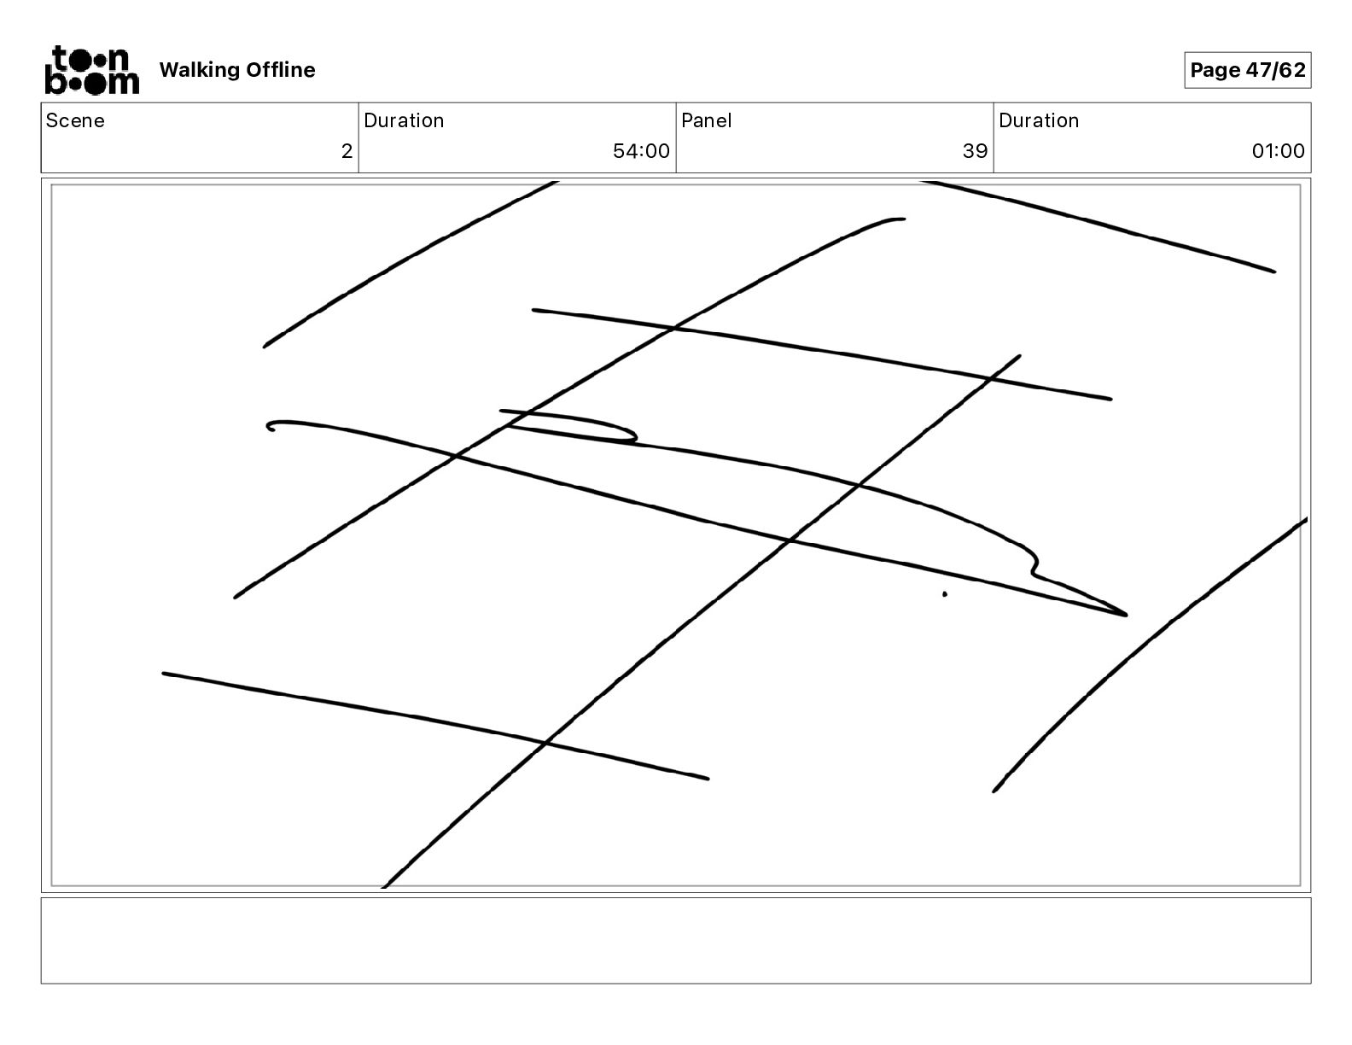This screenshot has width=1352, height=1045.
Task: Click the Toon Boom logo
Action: (91, 70)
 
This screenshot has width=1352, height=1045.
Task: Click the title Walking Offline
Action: (237, 70)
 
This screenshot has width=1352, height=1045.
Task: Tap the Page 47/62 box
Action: (1247, 70)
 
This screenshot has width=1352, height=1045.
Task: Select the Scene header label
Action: (75, 120)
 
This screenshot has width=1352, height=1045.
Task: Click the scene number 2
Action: (347, 152)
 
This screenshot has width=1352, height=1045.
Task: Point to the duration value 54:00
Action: (641, 152)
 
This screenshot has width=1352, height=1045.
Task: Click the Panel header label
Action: (707, 120)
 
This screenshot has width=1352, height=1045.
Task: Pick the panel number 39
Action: (975, 152)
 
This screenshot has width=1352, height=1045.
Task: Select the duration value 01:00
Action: (1278, 152)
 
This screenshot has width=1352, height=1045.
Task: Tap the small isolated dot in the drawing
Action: (945, 594)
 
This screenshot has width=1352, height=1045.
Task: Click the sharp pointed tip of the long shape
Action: (1125, 614)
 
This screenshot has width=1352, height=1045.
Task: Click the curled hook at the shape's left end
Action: (271, 425)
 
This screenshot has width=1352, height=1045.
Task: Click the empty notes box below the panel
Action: (675, 940)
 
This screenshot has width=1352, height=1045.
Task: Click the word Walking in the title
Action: (199, 70)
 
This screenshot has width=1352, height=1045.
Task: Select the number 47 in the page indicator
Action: (1257, 70)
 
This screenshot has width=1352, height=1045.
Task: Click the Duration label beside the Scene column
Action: (404, 120)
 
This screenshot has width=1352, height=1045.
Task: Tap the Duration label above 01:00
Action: (1039, 120)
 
